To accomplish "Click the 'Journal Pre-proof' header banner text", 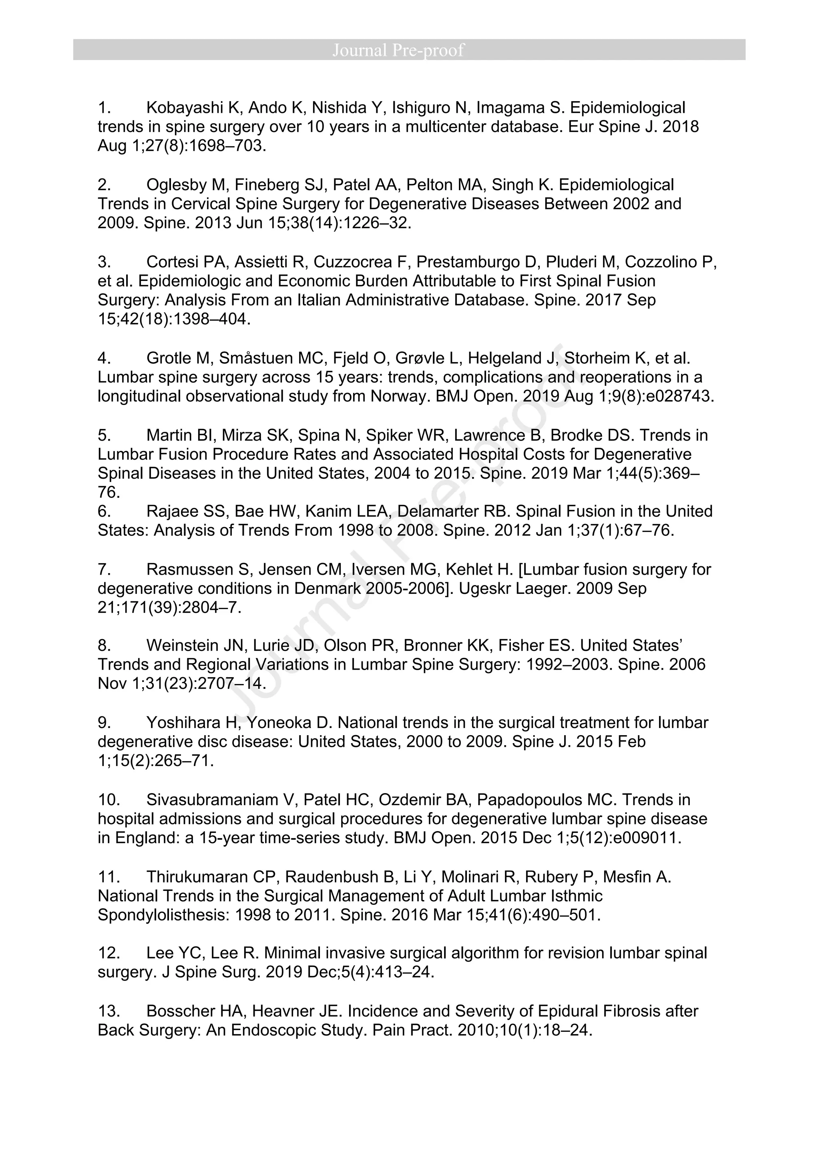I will tap(398, 50).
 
